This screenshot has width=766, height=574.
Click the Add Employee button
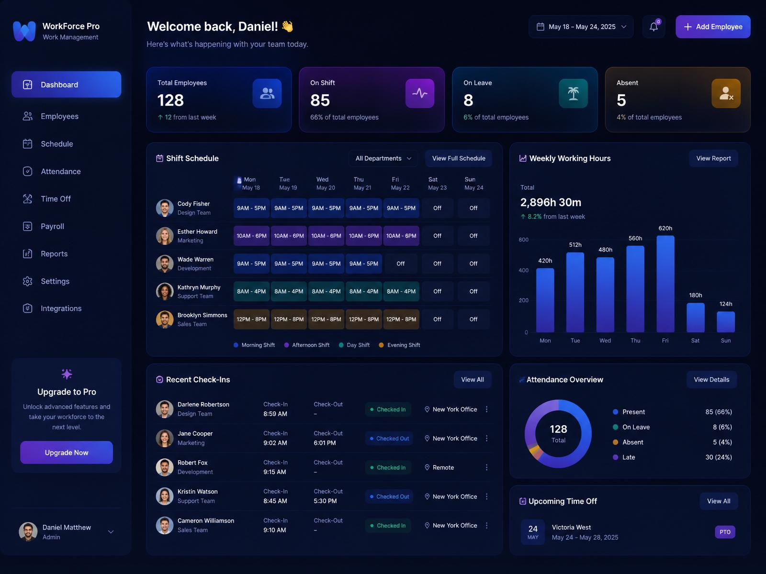coord(712,26)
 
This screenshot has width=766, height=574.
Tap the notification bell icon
coord(653,26)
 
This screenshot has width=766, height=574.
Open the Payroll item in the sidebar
coord(52,226)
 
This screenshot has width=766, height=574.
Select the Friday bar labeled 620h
coord(665,284)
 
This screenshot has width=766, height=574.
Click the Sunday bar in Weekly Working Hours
coord(725,321)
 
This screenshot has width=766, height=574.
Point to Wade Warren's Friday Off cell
coord(401,264)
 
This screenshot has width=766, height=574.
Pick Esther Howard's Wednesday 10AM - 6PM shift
coord(326,236)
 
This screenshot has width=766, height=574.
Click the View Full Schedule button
coord(459,158)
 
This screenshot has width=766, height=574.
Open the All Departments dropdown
coord(383,158)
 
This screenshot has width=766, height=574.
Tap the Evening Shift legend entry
coord(400,345)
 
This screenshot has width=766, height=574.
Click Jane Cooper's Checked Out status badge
coord(389,439)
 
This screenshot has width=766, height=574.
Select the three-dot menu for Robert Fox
coord(487,467)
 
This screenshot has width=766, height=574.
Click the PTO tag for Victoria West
coord(725,532)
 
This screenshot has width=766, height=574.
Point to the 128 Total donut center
coord(558,433)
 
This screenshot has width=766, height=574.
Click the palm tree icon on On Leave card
coord(573,93)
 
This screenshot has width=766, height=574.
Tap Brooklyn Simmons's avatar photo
coord(165,319)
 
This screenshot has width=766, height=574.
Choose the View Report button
coord(713,158)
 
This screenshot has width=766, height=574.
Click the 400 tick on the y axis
coord(523,270)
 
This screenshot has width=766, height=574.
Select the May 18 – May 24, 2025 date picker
coord(581,26)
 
